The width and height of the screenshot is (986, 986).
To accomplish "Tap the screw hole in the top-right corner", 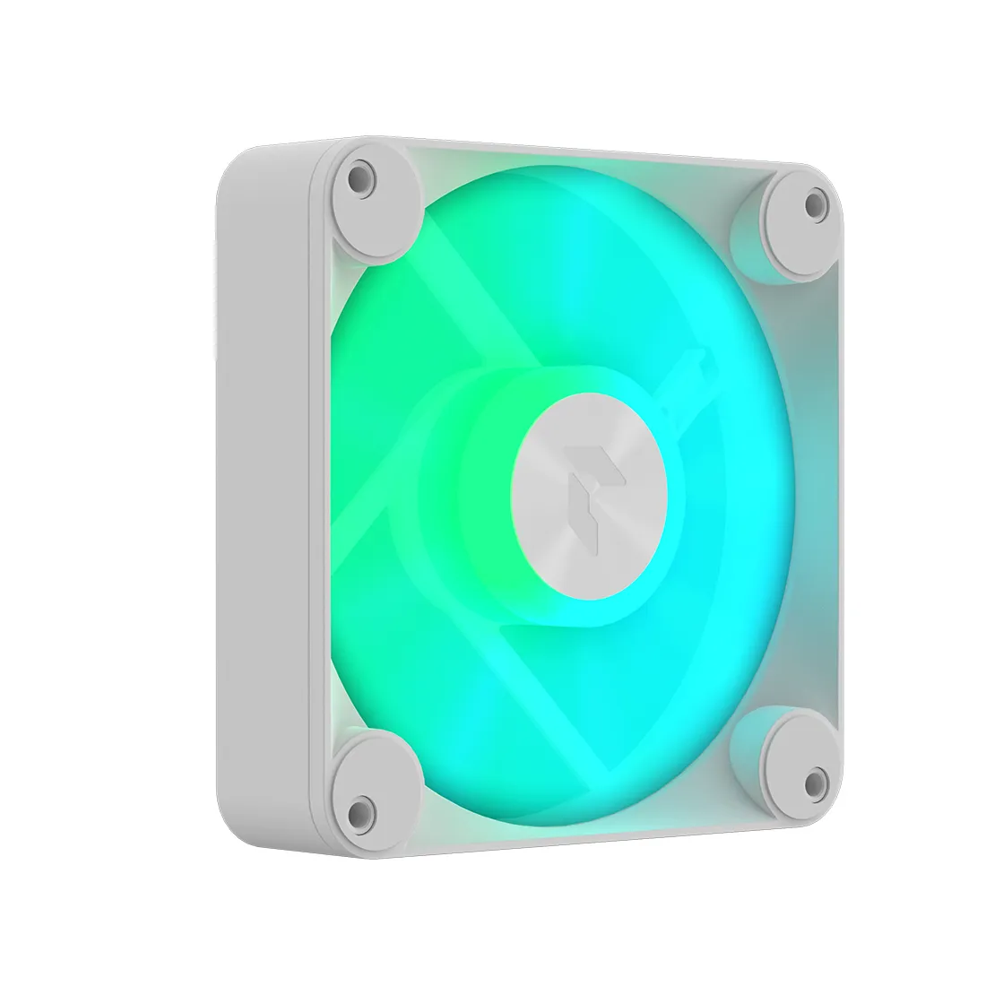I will (814, 204).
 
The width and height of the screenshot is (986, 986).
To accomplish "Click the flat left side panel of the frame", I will (260, 484).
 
